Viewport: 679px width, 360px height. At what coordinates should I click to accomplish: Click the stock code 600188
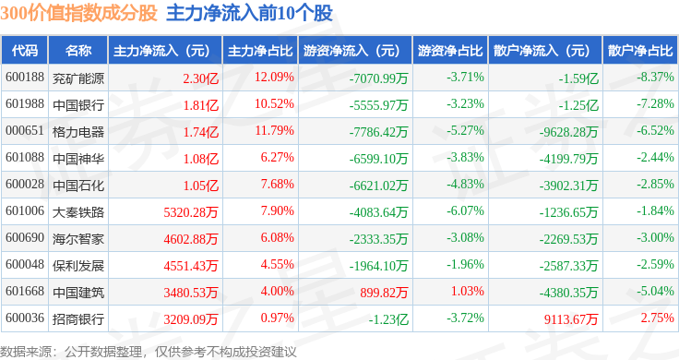coord(25,78)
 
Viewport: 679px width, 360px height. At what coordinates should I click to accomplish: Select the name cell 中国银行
coord(78,105)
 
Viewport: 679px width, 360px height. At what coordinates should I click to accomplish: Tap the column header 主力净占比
coord(260,51)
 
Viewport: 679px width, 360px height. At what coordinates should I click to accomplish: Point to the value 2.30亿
coord(200,78)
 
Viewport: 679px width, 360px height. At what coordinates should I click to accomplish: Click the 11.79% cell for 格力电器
coord(274,130)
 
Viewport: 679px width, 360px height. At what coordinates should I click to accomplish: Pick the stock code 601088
coord(25,157)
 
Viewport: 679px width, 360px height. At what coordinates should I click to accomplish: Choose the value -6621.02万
coord(378,186)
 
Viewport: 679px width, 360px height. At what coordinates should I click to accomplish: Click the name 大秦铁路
coord(78,211)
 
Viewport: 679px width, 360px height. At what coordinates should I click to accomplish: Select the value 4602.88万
coord(191,239)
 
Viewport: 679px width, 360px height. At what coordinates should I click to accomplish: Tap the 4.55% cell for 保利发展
coord(277,264)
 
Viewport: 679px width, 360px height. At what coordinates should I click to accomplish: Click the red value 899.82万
coord(384,293)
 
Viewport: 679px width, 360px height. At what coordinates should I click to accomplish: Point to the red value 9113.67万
coord(571,319)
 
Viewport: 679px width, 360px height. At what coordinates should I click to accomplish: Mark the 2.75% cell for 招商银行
coord(658,318)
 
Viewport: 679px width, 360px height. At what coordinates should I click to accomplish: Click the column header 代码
coord(25,51)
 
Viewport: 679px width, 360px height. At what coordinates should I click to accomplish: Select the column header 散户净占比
coord(640,51)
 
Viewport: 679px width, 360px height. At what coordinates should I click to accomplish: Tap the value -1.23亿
coord(388,319)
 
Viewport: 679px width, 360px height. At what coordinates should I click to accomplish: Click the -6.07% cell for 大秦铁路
coord(465,210)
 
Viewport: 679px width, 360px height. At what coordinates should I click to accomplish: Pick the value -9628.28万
coord(568,132)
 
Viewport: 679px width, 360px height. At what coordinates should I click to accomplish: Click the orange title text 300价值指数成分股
coord(78,13)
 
